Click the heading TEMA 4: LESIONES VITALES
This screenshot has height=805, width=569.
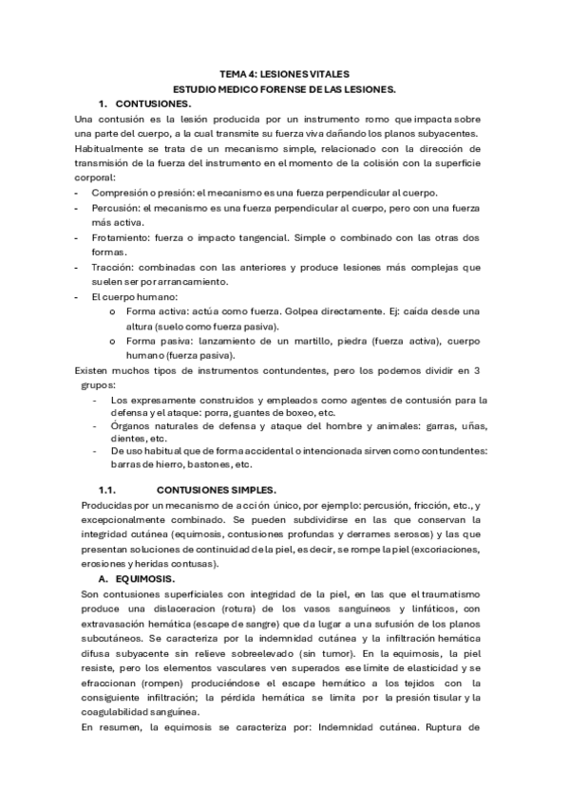pyautogui.click(x=284, y=73)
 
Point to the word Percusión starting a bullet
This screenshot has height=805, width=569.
pyautogui.click(x=119, y=206)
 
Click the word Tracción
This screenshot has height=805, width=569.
pyautogui.click(x=116, y=267)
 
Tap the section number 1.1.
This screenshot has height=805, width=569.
pyautogui.click(x=108, y=491)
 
